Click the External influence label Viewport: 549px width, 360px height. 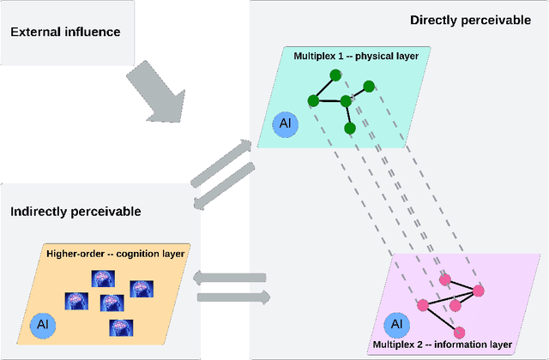[65, 32]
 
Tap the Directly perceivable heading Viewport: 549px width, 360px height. [470, 20]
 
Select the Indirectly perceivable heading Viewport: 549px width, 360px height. [75, 212]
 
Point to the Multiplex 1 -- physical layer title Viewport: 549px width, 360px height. [356, 56]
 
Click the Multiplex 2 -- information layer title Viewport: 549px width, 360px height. [443, 345]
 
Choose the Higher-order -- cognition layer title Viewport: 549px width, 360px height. [115, 254]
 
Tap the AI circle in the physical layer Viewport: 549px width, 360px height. [286, 124]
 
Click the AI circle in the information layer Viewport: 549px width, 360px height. [396, 325]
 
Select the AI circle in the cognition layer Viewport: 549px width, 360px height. [43, 325]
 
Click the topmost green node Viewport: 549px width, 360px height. [335, 75]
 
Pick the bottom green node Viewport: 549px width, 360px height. [350, 129]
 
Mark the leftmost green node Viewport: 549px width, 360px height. [313, 101]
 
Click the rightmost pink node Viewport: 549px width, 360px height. [479, 291]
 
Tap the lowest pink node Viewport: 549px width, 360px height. [460, 333]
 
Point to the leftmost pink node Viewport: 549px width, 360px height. [423, 305]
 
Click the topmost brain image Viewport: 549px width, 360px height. [103, 279]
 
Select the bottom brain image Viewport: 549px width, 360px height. [121, 327]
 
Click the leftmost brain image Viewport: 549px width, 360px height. [76, 301]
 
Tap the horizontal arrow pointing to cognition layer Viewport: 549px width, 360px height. [230, 278]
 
